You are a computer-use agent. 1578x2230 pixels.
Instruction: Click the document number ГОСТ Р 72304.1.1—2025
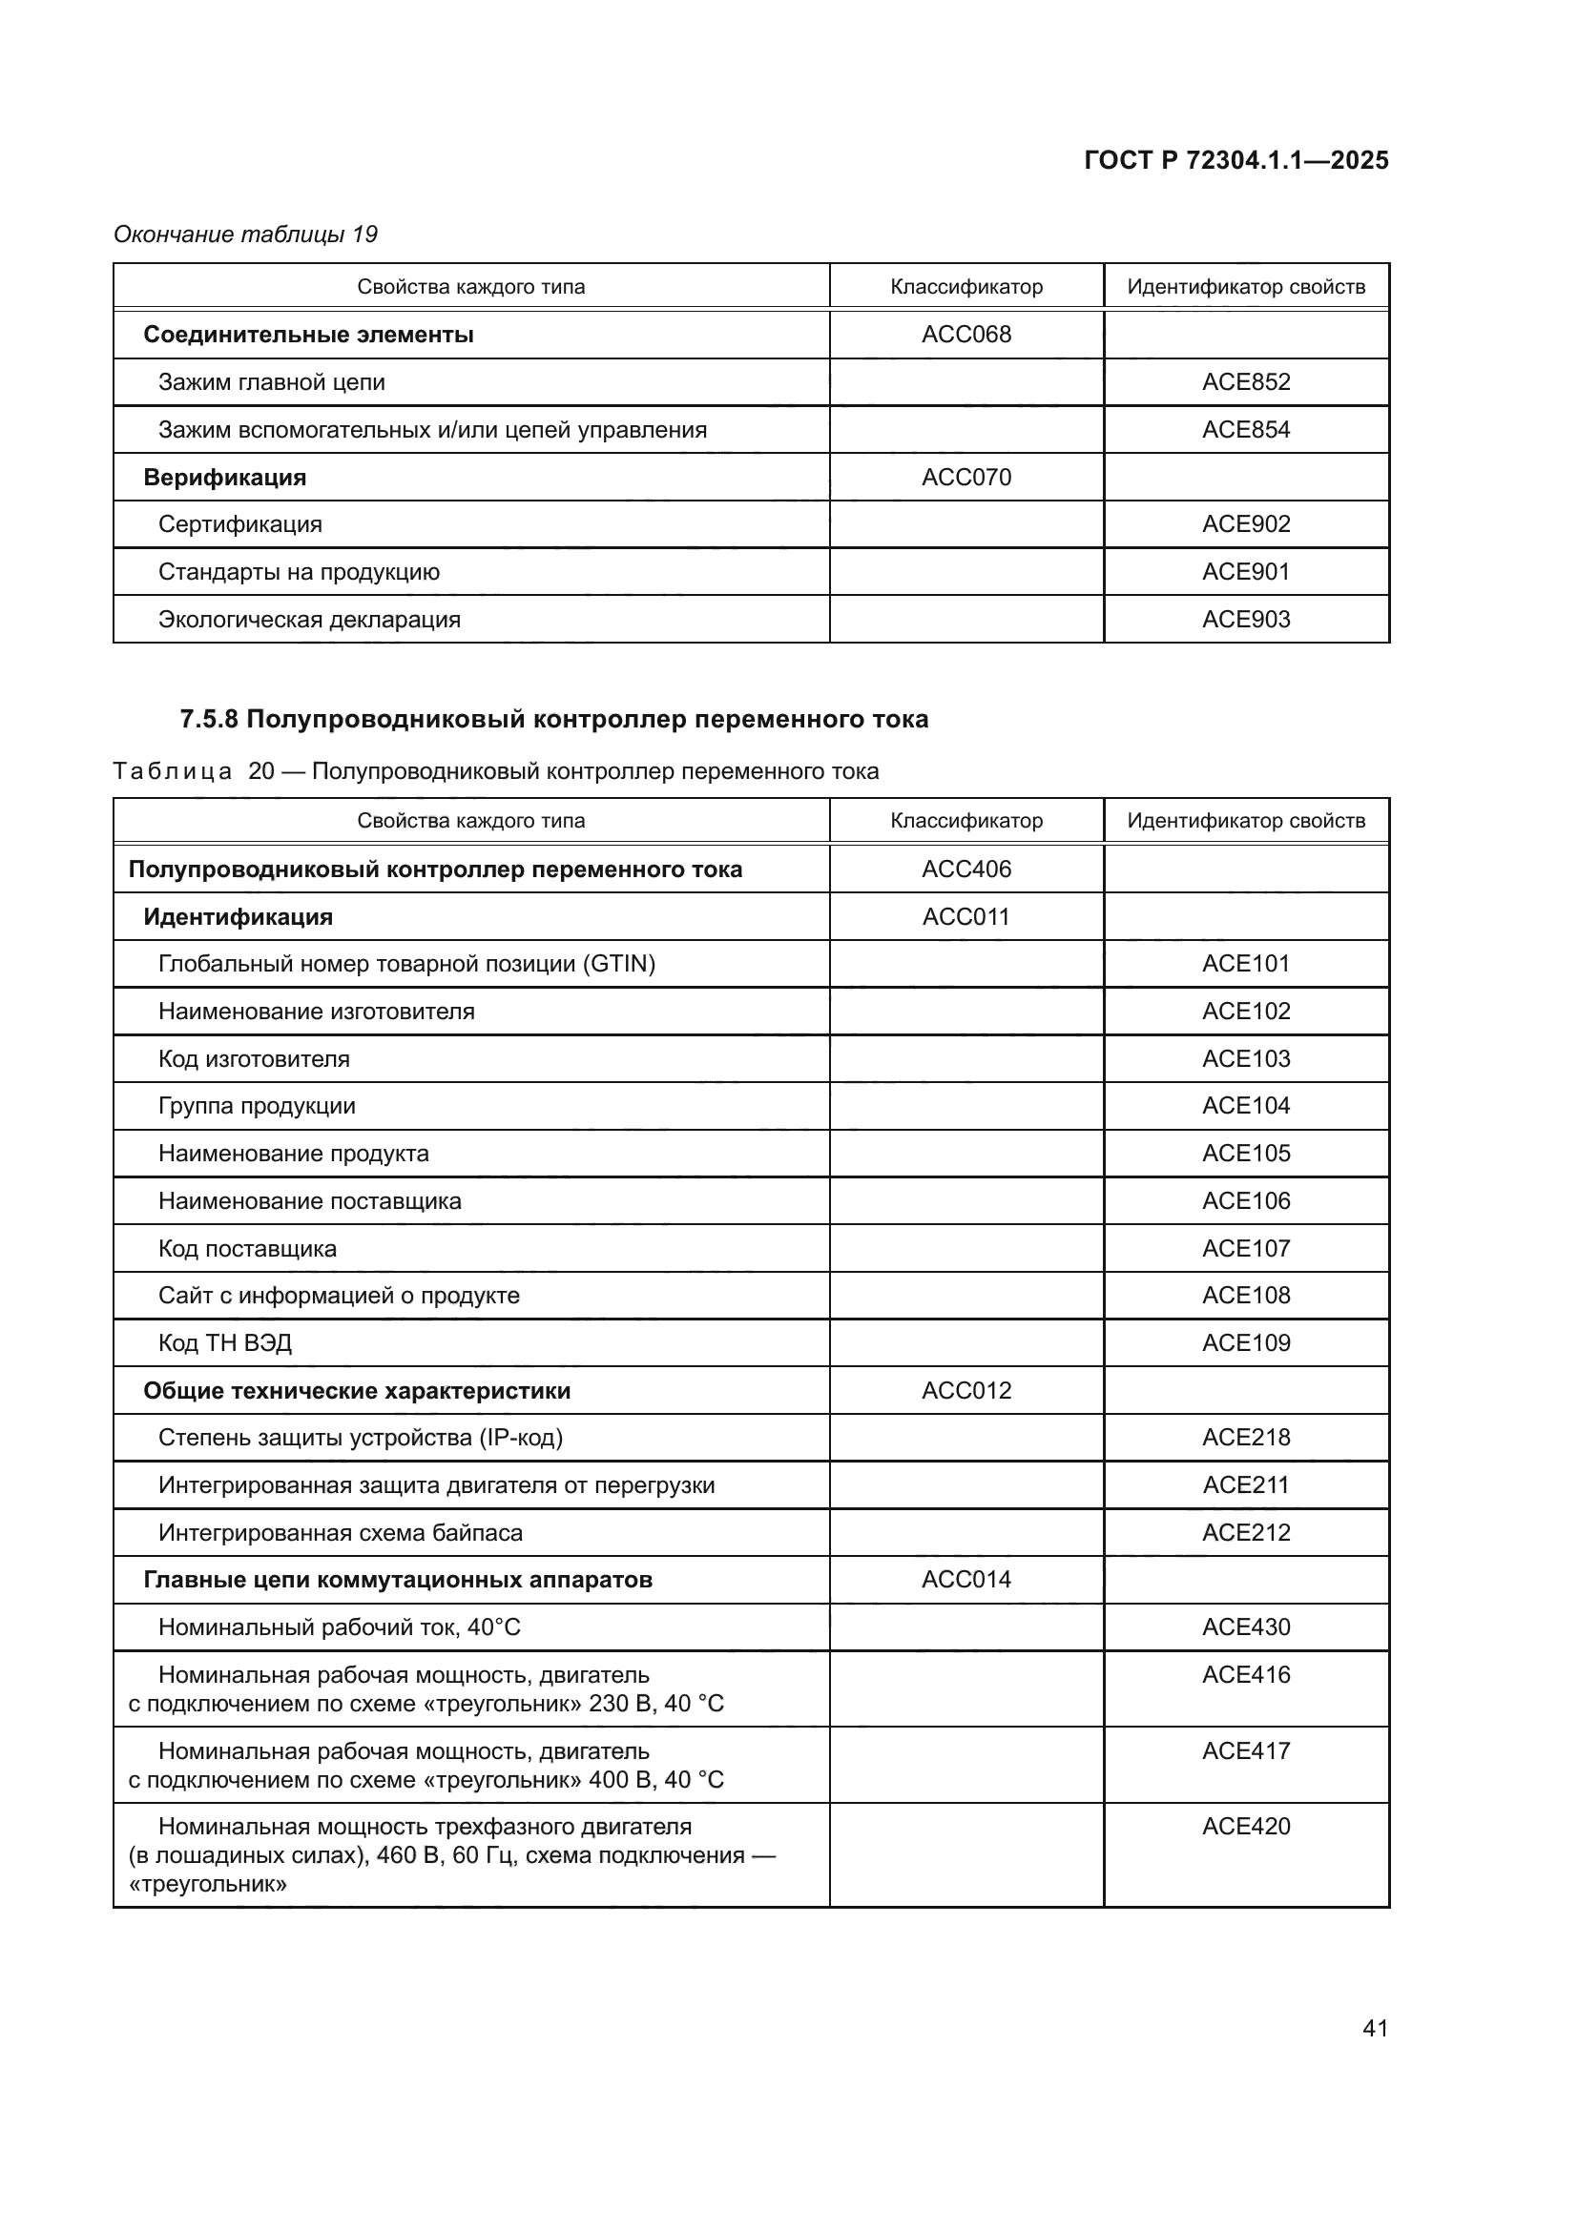(x=1235, y=160)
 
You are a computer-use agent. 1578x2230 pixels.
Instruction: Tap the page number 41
(x=1375, y=2028)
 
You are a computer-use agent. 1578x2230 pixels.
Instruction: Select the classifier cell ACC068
(x=965, y=334)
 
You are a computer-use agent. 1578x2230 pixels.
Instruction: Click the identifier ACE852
(x=1246, y=381)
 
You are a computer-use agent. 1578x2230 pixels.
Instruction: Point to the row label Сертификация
(x=240, y=524)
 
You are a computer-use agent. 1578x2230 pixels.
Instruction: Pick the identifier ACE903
(x=1246, y=620)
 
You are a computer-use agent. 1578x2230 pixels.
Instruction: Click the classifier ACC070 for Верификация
(x=965, y=477)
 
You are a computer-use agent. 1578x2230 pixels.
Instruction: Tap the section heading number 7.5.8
(x=209, y=720)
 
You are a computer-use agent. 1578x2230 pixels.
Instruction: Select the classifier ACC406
(x=965, y=869)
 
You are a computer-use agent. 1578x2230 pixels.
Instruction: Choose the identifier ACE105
(x=1246, y=1153)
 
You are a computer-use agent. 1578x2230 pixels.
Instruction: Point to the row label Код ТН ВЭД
(x=224, y=1343)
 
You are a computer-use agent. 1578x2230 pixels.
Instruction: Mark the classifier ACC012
(x=965, y=1391)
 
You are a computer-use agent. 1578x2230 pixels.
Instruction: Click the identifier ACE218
(x=1246, y=1438)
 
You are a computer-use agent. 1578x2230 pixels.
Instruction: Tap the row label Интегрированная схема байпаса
(x=340, y=1533)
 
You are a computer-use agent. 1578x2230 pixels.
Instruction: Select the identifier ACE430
(x=1246, y=1626)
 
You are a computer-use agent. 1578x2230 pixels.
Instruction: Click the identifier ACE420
(x=1246, y=1826)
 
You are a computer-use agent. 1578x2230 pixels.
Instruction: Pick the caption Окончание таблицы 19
(x=245, y=235)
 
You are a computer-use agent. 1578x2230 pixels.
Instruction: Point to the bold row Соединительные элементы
(x=308, y=335)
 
